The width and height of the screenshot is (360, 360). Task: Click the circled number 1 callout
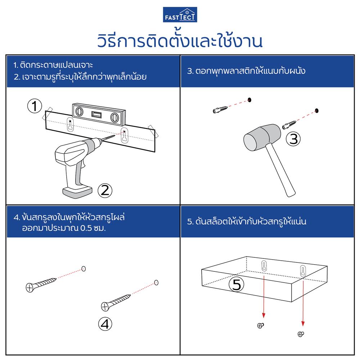[34, 106]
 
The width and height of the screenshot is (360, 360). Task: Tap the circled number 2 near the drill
[105, 190]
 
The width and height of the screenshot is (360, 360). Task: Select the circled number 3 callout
[293, 139]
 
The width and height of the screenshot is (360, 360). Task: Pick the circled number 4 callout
[104, 324]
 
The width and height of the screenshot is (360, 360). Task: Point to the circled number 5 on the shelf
[237, 285]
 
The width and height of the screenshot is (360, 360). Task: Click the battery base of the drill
[77, 191]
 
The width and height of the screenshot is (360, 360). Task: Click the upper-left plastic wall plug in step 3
[219, 109]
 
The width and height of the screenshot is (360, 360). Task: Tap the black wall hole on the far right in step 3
[317, 110]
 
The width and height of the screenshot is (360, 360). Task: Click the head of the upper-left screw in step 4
[30, 287]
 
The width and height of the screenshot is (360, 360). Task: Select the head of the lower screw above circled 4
[105, 306]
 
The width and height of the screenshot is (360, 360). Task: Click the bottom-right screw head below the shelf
[301, 334]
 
